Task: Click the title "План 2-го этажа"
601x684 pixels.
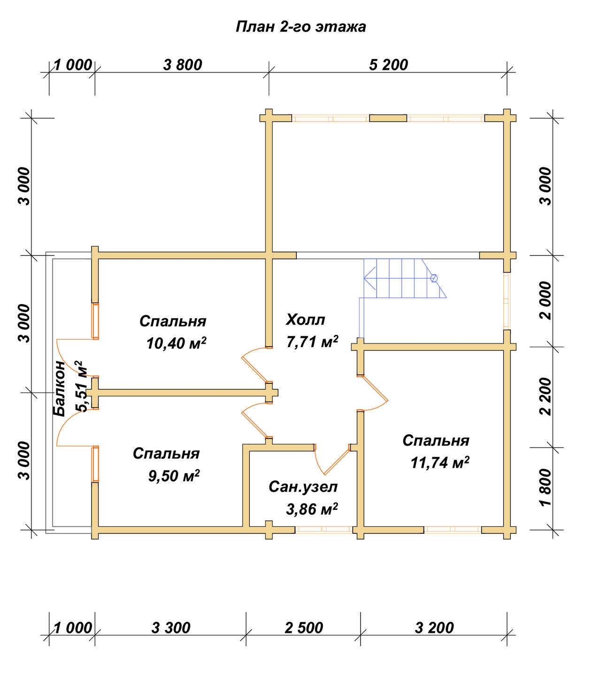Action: [x=300, y=27]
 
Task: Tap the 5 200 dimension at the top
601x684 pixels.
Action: [x=388, y=64]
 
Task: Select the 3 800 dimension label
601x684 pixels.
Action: [x=183, y=64]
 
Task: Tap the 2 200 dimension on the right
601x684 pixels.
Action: [x=546, y=396]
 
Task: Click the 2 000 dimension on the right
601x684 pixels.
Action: [x=546, y=300]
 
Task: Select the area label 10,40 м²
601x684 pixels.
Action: [x=176, y=343]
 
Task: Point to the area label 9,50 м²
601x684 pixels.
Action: [x=174, y=475]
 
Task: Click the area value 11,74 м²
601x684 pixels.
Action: [x=440, y=462]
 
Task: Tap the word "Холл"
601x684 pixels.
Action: [x=306, y=319]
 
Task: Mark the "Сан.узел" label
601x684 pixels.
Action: [x=303, y=487]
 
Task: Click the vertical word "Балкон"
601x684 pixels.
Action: [x=59, y=388]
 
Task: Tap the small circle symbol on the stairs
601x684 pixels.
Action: [x=434, y=278]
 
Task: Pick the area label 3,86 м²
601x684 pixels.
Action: [x=312, y=509]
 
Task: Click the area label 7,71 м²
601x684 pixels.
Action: [x=312, y=342]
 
